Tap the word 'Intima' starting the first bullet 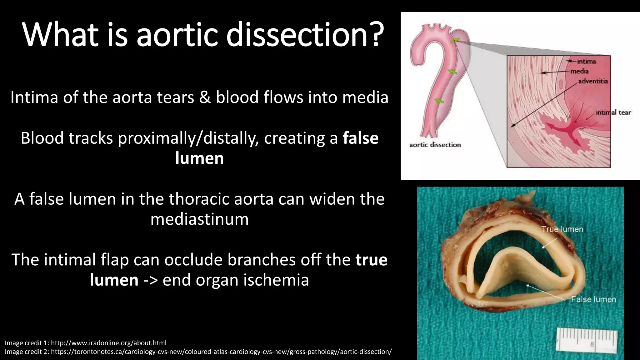34,97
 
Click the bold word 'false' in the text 361,138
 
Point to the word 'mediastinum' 199,219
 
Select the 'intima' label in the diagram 586,62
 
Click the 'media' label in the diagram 579,71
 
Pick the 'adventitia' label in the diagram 593,81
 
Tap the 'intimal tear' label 613,112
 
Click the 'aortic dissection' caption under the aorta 435,145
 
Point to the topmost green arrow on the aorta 455,41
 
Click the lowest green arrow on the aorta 439,101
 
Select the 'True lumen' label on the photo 562,229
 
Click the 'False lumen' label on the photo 593,299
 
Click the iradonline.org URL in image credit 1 108,343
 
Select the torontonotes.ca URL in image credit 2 221,352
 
